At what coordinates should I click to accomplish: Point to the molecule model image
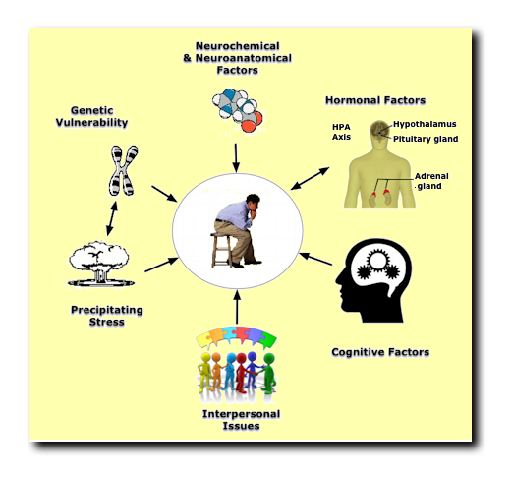click(237, 110)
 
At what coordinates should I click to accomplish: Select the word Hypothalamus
click(425, 125)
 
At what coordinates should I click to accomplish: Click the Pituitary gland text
click(426, 139)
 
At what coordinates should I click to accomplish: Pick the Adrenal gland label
click(431, 179)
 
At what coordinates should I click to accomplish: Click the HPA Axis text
click(341, 132)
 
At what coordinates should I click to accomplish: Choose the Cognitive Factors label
click(379, 351)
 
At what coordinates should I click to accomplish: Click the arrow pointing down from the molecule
click(236, 154)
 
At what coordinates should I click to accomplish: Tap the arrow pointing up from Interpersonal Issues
click(236, 308)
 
